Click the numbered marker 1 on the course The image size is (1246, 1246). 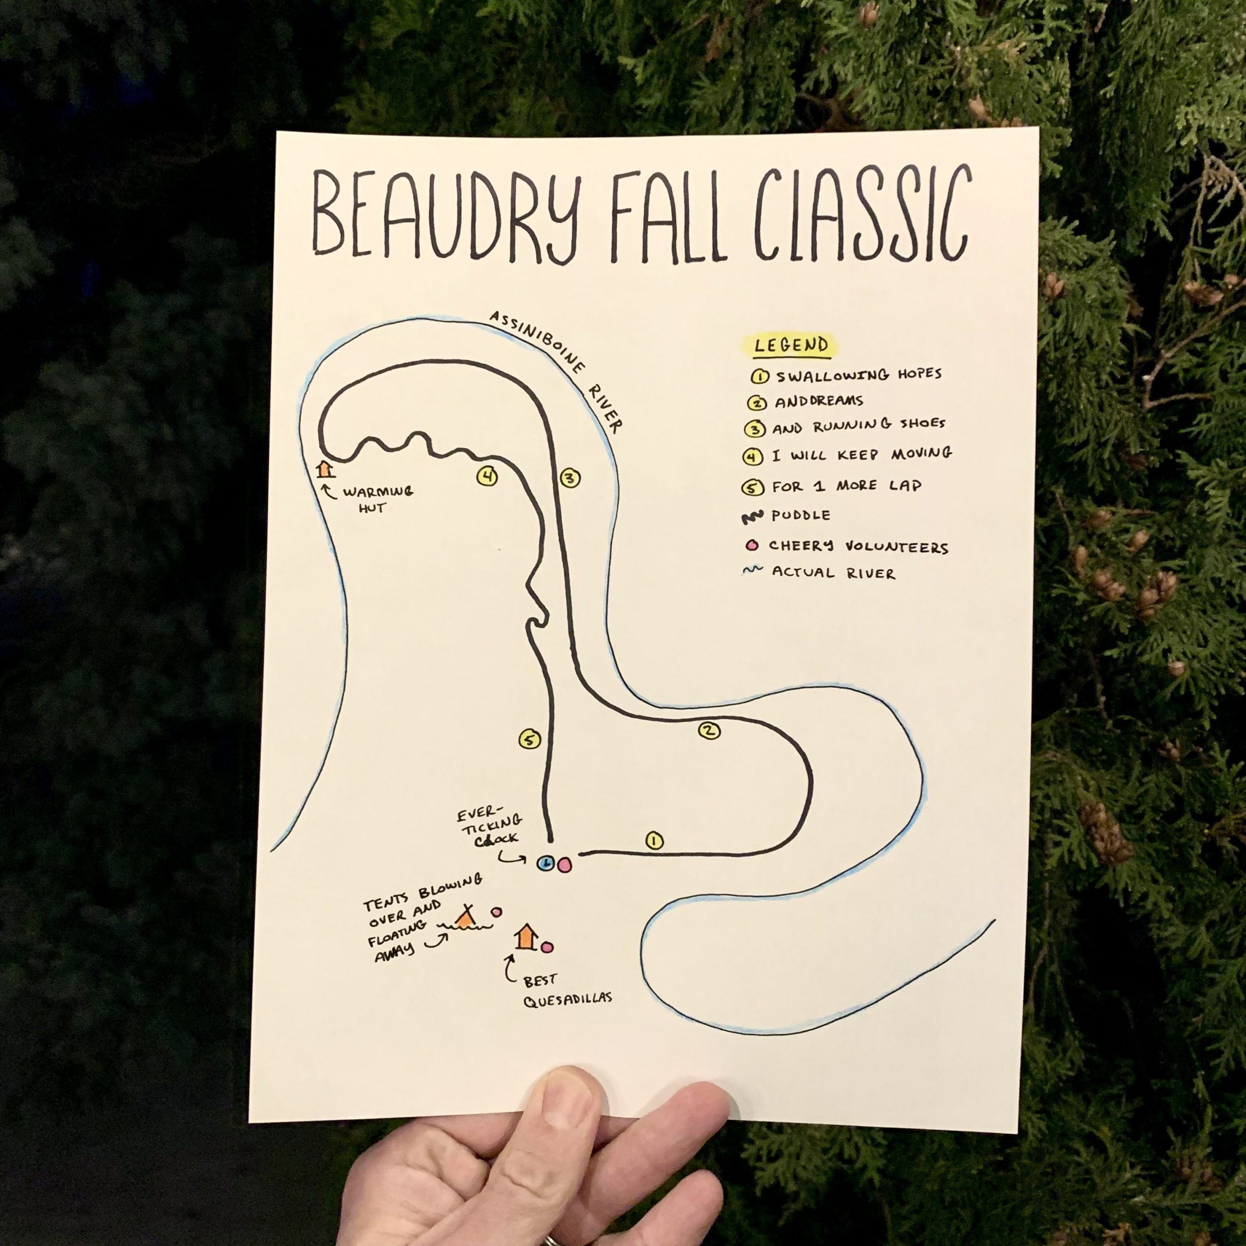point(654,841)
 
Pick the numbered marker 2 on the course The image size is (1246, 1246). point(709,731)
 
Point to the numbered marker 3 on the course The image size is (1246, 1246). point(569,478)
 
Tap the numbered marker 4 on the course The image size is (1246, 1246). point(487,476)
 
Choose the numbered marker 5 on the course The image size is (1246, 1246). point(529,740)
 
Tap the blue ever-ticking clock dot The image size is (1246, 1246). point(546,863)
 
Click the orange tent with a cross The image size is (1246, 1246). point(466,916)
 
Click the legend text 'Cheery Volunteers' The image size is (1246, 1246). point(858,547)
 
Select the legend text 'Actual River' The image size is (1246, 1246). point(833,573)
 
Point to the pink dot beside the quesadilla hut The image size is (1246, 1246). point(548,948)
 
